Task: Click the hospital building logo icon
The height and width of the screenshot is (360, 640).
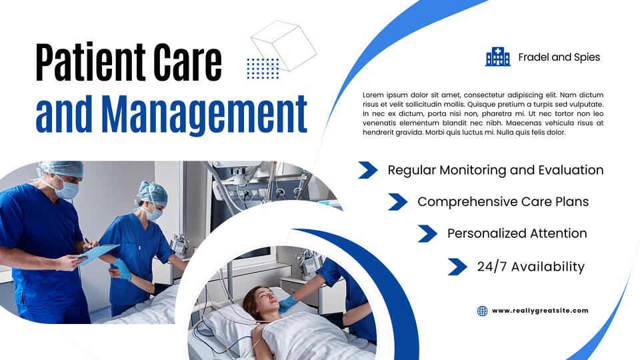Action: (497, 57)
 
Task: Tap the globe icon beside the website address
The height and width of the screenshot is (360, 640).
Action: (483, 311)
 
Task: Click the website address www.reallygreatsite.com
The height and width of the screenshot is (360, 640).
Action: (540, 311)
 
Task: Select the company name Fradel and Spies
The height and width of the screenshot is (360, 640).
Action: (559, 57)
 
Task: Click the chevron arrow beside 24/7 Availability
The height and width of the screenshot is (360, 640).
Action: (457, 267)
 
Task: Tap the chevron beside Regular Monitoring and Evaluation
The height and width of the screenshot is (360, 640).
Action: (368, 170)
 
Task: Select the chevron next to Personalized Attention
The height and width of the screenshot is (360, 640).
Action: (427, 233)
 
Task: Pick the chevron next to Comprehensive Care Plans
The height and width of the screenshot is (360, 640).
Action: (397, 201)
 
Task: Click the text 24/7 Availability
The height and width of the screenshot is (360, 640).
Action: (531, 267)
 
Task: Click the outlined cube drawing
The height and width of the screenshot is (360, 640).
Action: (284, 46)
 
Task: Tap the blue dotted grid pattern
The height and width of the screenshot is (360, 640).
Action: (263, 68)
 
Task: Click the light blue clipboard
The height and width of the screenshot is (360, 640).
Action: (99, 253)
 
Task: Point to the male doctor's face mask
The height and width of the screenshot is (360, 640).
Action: (67, 189)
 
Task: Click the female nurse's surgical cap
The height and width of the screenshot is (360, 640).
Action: (153, 193)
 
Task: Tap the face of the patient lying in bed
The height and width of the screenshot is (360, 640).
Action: (263, 300)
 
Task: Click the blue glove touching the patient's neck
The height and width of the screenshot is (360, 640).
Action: (287, 305)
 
